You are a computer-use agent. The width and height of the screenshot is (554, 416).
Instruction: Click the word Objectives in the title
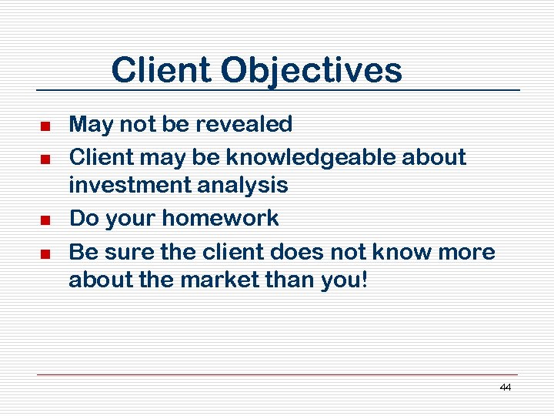311,71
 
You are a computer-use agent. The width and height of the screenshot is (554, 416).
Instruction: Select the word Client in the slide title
162,71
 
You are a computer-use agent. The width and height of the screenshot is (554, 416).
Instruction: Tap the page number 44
505,387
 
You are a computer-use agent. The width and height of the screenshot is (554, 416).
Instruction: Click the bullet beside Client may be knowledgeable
45,159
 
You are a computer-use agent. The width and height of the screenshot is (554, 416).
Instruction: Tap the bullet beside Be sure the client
45,253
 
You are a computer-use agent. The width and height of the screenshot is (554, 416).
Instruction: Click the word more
469,252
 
